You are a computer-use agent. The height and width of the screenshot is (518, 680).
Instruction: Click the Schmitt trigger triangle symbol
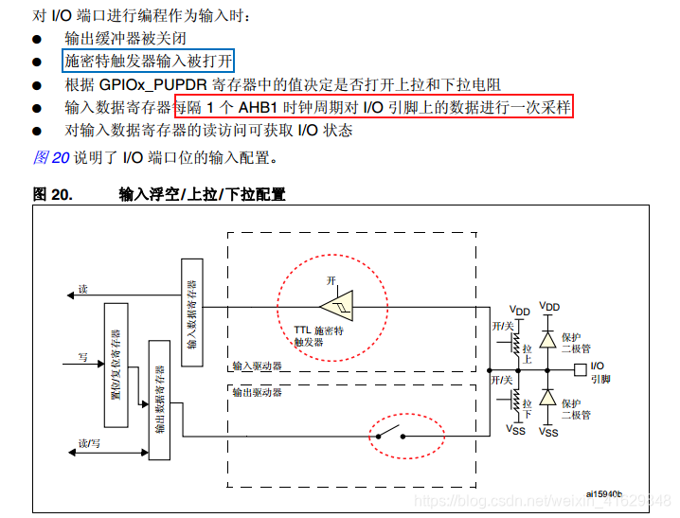[335, 305]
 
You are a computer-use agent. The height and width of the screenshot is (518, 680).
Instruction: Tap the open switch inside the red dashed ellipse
[389, 436]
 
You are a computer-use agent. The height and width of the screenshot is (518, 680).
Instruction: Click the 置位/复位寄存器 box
[116, 366]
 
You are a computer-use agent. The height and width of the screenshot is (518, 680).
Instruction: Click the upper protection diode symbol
[548, 338]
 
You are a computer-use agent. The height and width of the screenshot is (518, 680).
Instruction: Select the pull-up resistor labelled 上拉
[515, 344]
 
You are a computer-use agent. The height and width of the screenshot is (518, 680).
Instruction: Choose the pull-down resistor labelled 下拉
[515, 406]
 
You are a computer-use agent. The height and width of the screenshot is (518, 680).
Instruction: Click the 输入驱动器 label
[257, 365]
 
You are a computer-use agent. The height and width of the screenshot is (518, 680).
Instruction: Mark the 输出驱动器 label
[257, 390]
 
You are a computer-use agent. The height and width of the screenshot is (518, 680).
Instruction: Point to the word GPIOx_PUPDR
[152, 83]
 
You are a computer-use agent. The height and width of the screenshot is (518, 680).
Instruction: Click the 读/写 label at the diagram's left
[89, 443]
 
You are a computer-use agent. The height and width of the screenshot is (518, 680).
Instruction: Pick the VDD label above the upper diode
[548, 307]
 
